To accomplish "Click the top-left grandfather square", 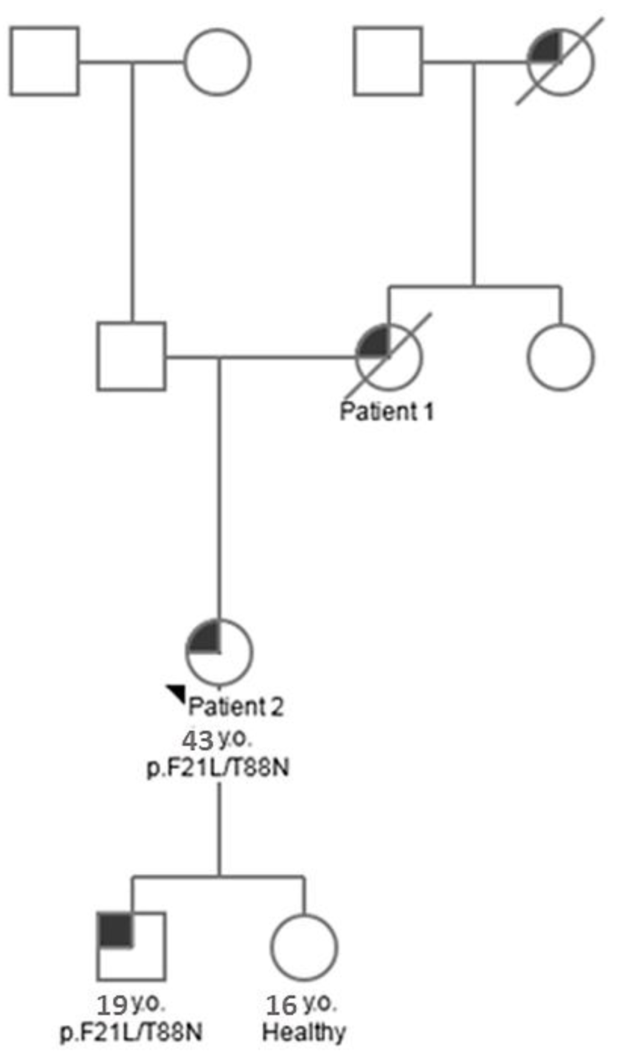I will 44,61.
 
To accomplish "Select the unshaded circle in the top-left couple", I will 217,62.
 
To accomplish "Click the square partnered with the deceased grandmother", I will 388,61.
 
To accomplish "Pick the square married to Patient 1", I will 131,357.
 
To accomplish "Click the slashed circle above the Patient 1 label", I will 388,357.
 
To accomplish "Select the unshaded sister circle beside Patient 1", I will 560,357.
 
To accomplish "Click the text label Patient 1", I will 387,411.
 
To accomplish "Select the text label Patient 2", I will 235,706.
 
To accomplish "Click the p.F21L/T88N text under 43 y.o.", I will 218,767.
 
